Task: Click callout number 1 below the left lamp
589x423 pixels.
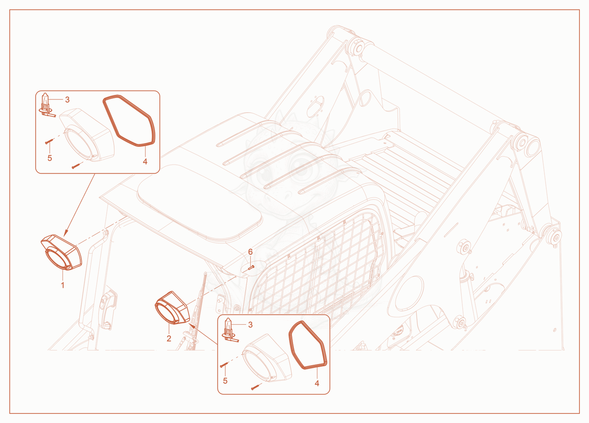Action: pos(63,285)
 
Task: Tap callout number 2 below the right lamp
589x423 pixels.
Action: pos(169,338)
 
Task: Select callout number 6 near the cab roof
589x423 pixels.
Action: pos(250,252)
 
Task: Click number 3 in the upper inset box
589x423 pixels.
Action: pos(67,100)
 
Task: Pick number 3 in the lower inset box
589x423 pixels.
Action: pos(250,325)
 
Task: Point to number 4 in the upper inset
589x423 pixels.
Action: pos(145,161)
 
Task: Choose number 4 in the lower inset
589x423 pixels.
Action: pos(317,383)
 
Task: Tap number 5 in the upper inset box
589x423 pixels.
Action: pos(50,158)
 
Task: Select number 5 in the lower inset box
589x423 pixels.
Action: pos(225,381)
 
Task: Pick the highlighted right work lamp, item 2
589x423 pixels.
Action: pos(173,308)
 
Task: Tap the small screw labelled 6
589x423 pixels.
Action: pos(251,267)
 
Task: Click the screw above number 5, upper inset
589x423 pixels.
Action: pos(49,142)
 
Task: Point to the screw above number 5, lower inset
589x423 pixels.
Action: pos(224,364)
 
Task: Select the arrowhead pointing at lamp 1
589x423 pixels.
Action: pos(66,233)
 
